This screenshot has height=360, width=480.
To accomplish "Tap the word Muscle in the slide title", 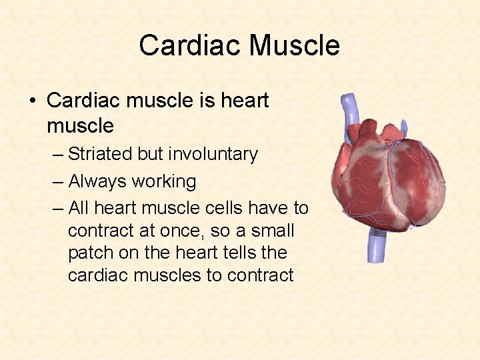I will point(294,45).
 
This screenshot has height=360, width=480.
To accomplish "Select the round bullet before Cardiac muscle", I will point(33,101).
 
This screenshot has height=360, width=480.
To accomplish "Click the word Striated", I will point(100,154).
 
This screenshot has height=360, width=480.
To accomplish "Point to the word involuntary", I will point(213,154).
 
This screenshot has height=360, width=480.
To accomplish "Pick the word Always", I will point(97,181).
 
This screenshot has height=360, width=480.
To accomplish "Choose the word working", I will point(164,181).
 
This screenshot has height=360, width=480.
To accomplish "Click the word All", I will point(78,208).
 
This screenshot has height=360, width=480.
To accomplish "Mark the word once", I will point(177,231).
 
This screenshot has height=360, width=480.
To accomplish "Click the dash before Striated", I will point(58,155).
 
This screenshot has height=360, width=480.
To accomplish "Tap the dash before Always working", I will point(58,182).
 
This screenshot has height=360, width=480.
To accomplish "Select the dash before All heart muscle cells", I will point(58,209).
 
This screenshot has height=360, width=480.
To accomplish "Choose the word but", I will point(150,154).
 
